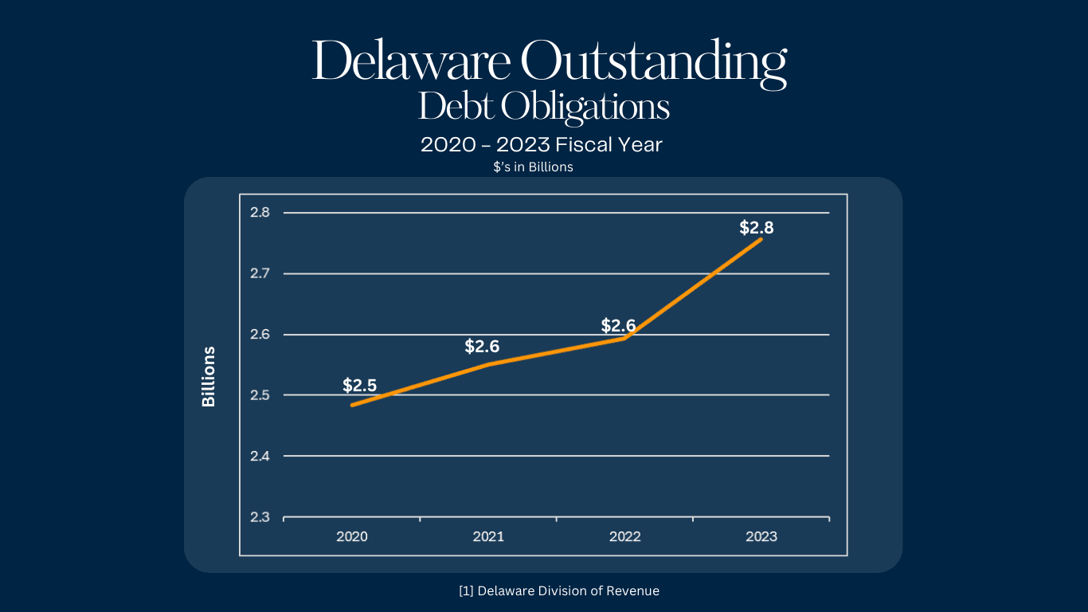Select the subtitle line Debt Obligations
(544, 107)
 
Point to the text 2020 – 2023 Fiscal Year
(542, 145)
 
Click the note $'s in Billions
(533, 167)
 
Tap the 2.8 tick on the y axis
(260, 213)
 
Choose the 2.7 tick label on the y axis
(260, 273)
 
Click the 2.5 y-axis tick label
(260, 395)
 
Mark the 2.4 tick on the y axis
(260, 456)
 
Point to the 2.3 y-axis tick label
(260, 517)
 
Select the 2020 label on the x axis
(352, 537)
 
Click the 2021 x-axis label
(488, 537)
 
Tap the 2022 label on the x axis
(625, 537)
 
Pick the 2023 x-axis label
(761, 537)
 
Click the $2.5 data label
(359, 386)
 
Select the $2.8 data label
(757, 228)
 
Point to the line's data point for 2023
(761, 239)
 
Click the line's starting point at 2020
(352, 405)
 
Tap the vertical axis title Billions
(209, 376)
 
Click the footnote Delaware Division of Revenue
(559, 591)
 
